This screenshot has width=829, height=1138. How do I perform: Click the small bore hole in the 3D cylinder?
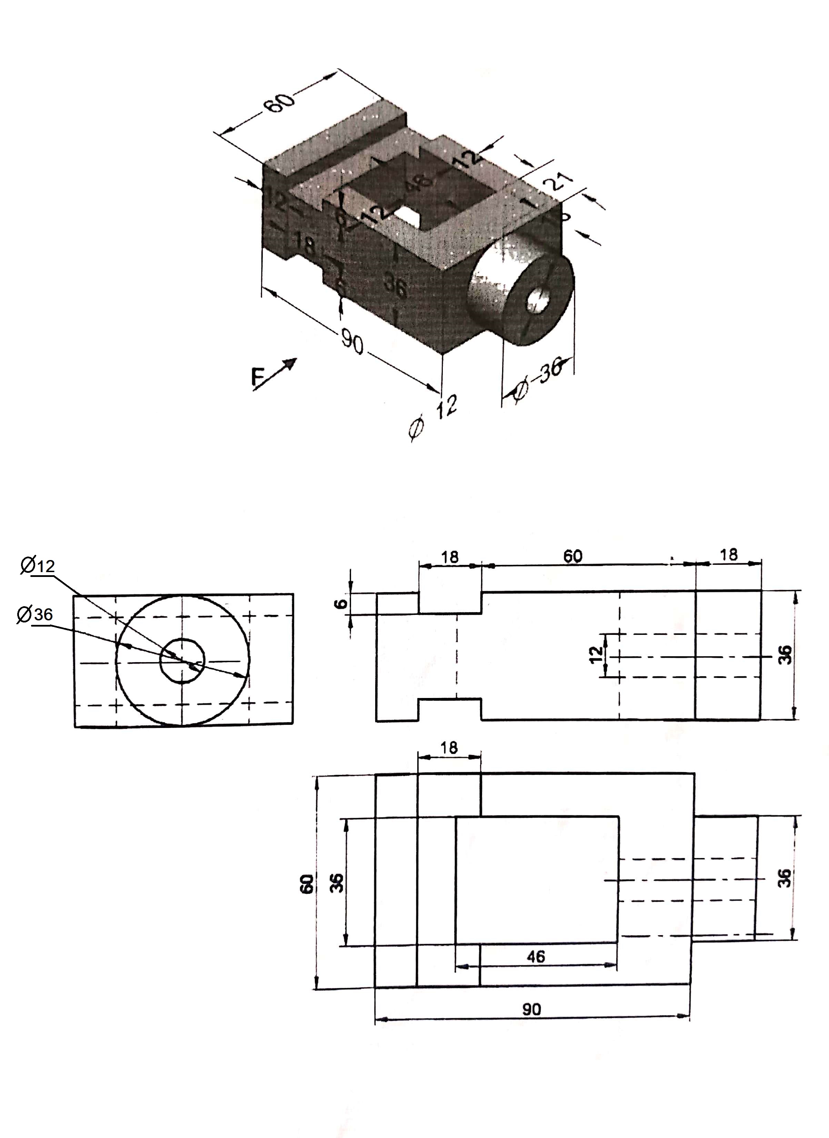(538, 300)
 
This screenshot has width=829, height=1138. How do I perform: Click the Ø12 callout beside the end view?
(38, 566)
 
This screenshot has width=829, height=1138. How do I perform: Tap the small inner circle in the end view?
(183, 661)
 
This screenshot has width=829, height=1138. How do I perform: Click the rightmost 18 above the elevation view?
(729, 555)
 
